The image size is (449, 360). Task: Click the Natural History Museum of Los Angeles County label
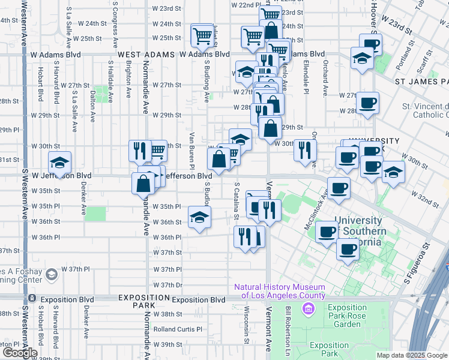tap(280, 291)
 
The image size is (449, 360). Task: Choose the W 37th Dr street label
tap(167, 284)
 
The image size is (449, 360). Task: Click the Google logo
tap(20, 353)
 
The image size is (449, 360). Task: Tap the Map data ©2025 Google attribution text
tap(412, 355)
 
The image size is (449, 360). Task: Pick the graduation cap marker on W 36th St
tap(200, 217)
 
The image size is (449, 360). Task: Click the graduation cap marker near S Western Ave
tap(60, 163)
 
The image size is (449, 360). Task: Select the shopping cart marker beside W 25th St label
tap(203, 35)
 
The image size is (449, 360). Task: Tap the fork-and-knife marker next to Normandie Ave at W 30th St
tap(140, 151)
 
